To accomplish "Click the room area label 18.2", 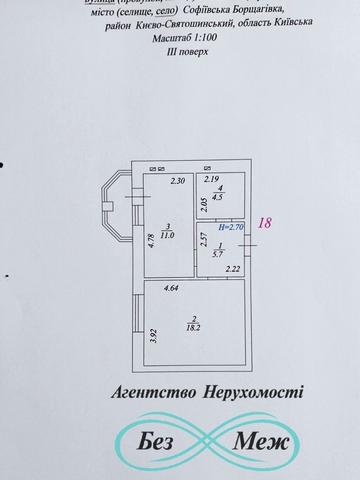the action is (192, 325).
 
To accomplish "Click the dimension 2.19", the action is (211, 180).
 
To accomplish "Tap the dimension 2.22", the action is (232, 268).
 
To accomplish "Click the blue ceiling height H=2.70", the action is (226, 227).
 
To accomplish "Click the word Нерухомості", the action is (251, 396).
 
